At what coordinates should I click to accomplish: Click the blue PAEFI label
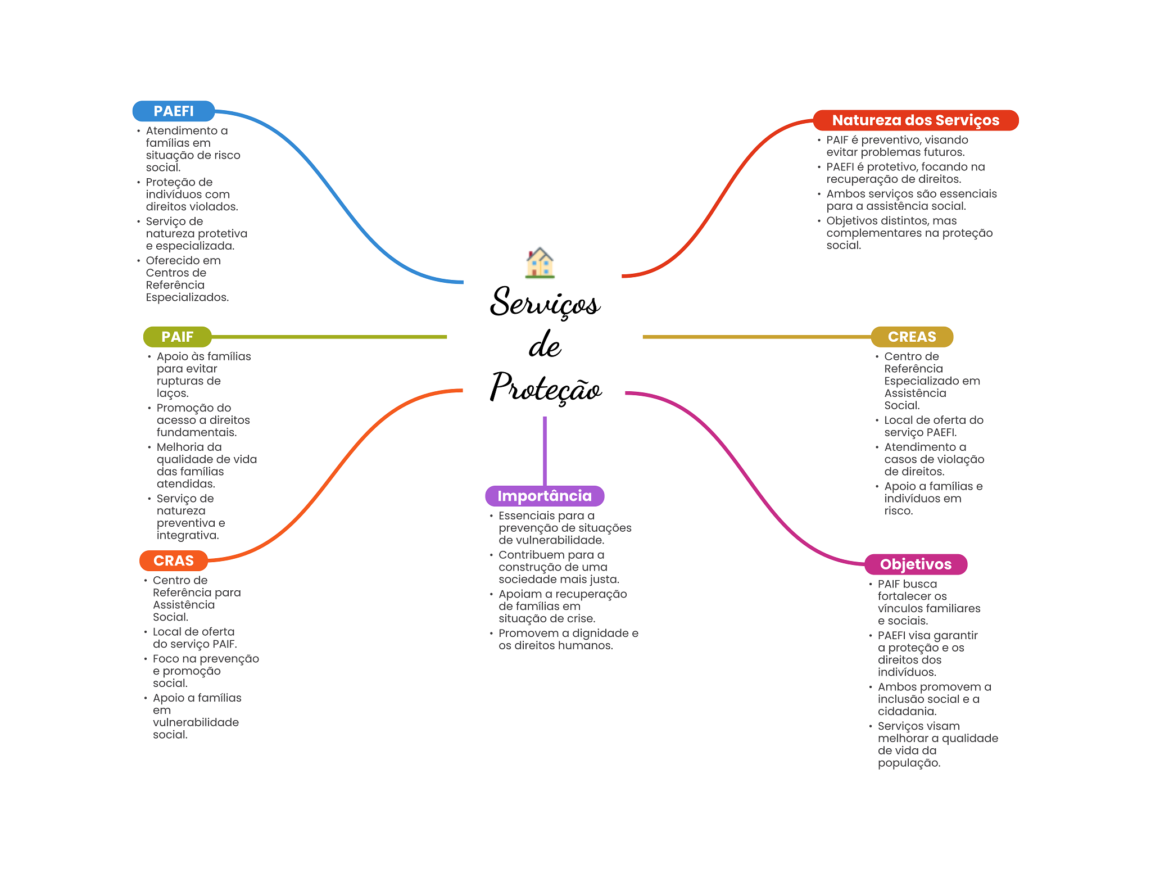pos(173,111)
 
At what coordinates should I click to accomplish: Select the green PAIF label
pos(177,337)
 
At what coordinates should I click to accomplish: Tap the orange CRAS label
pos(173,560)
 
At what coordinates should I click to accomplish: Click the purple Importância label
pos(544,496)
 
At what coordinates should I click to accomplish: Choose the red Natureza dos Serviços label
pos(915,120)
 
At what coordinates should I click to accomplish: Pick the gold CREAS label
pos(912,337)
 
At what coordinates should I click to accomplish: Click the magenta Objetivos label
pos(916,564)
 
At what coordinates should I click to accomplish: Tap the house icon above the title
pos(540,263)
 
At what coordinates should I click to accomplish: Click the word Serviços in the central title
pos(545,302)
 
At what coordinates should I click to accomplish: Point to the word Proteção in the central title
pos(546,388)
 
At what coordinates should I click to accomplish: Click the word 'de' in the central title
pos(545,345)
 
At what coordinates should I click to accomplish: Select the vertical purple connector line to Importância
pos(545,450)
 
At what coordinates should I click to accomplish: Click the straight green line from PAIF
pos(329,337)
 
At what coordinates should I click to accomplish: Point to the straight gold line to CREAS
pos(756,337)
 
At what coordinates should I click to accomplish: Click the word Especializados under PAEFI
pos(187,297)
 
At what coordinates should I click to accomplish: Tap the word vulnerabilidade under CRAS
pos(196,722)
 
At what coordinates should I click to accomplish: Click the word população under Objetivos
pos(908,763)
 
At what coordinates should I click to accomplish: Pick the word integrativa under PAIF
pos(187,535)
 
